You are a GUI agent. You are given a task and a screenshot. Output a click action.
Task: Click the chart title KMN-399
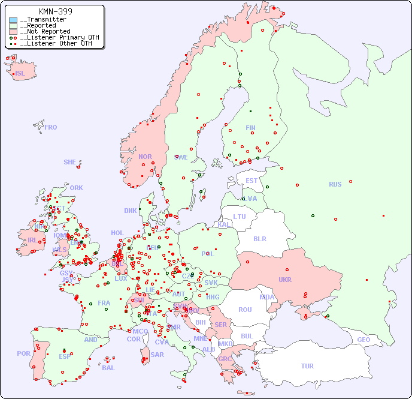pyautogui.click(x=55, y=11)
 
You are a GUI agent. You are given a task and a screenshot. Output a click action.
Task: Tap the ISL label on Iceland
pyautogui.click(x=20, y=74)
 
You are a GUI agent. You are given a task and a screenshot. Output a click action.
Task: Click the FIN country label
pyautogui.click(x=250, y=128)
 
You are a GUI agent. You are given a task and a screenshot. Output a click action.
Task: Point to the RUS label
pyautogui.click(x=335, y=184)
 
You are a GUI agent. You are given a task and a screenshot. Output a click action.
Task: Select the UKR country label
pyautogui.click(x=285, y=280)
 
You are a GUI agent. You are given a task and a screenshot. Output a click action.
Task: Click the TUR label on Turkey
pyautogui.click(x=307, y=366)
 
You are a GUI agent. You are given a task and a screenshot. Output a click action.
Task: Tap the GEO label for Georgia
pyautogui.click(x=363, y=340)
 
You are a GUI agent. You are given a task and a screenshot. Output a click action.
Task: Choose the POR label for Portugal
pyautogui.click(x=23, y=353)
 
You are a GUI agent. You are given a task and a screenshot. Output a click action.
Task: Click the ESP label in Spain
pyautogui.click(x=65, y=356)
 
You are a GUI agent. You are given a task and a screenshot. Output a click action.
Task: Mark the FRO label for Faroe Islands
pyautogui.click(x=51, y=127)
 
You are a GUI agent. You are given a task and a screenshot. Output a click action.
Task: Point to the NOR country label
pyautogui.click(x=145, y=157)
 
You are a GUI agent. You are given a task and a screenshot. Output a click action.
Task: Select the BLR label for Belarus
pyautogui.click(x=260, y=238)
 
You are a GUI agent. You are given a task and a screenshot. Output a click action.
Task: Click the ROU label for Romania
pyautogui.click(x=245, y=310)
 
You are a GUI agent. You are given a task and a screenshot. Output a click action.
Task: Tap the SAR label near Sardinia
pyautogui.click(x=157, y=355)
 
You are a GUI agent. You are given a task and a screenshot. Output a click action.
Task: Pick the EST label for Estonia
pyautogui.click(x=252, y=181)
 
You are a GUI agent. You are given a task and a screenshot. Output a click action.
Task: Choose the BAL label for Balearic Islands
pyautogui.click(x=108, y=368)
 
